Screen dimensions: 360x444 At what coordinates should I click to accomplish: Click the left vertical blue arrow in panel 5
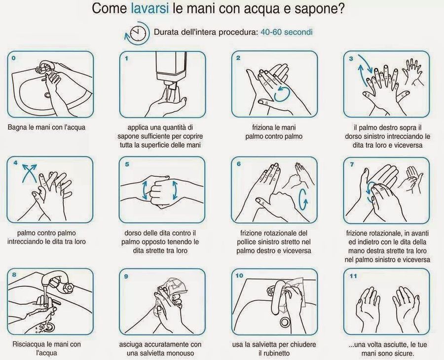point(145,189)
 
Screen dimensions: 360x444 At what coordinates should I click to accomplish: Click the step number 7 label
point(351,164)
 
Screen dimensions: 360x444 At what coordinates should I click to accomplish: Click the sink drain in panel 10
point(285,322)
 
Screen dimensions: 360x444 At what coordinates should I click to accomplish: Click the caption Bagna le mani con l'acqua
point(46,127)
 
